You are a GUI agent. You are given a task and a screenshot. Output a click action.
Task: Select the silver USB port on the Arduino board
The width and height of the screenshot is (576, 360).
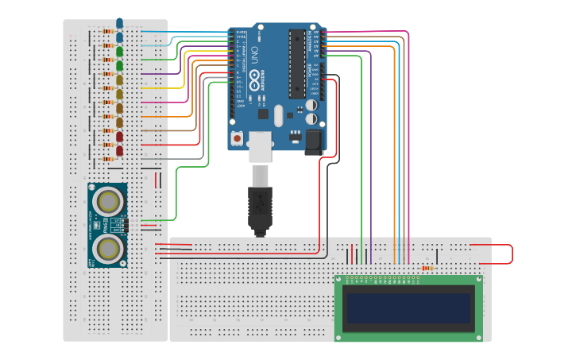coord(261,147)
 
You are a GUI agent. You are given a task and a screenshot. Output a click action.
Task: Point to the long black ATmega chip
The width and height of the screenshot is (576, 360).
coord(296,64)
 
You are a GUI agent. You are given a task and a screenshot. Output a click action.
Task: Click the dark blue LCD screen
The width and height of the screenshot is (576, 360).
coord(408,308)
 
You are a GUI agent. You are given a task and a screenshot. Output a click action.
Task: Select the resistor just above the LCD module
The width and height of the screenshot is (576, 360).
coord(427,268)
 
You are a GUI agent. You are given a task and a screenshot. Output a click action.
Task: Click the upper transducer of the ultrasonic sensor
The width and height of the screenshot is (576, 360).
coord(106,202)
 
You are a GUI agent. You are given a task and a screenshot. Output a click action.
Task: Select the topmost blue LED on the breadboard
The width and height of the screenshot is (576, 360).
coord(119,24)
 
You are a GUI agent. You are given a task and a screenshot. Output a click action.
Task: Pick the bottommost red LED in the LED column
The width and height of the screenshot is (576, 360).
coord(119,151)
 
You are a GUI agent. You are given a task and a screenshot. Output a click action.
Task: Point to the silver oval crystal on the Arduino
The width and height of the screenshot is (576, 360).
coord(278,116)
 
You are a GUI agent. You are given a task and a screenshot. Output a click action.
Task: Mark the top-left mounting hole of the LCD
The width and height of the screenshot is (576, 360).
coord(339,280)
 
